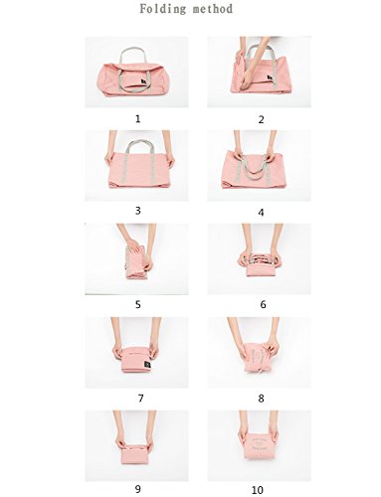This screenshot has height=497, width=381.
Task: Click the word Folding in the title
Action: click(x=162, y=9)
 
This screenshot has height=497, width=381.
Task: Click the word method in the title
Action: click(x=213, y=9)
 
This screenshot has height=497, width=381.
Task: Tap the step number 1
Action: click(x=138, y=118)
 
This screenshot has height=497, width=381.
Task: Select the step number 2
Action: click(x=261, y=119)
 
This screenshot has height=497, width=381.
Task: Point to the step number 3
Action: click(x=138, y=211)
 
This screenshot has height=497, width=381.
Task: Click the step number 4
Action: click(x=261, y=213)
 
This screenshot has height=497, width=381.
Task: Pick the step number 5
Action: click(x=138, y=304)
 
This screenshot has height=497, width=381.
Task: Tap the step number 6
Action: click(x=263, y=304)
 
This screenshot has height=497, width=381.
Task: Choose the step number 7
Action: click(x=140, y=398)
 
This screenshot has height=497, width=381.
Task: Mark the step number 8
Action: click(x=261, y=399)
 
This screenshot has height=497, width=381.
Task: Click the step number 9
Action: click(x=138, y=489)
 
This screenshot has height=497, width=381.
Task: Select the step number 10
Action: click(x=258, y=490)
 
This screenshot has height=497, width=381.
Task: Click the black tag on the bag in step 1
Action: click(x=143, y=83)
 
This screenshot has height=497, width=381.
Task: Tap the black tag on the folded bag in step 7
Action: click(x=147, y=365)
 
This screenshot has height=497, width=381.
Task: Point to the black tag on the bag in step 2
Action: click(x=271, y=79)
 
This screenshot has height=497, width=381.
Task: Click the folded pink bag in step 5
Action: click(x=136, y=261)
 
